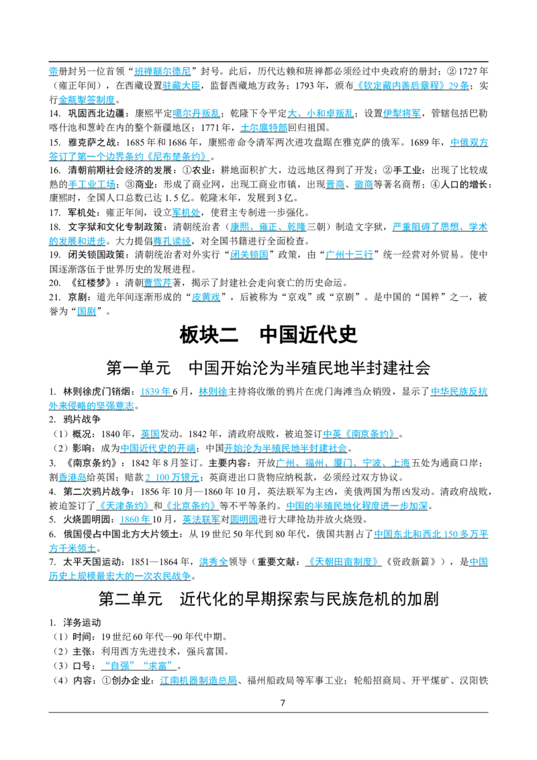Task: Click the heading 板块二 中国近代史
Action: [268, 334]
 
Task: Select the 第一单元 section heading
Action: [268, 368]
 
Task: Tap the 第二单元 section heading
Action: [268, 599]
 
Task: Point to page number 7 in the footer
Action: [283, 703]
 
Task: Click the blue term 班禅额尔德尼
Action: [163, 71]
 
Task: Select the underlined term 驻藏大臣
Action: [181, 86]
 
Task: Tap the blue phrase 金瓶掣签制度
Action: [87, 100]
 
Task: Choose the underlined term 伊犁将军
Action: [402, 113]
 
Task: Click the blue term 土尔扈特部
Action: [264, 128]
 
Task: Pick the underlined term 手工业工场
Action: [91, 184]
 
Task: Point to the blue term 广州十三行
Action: [350, 254]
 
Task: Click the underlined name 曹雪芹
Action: [158, 283]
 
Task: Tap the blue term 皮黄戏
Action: [206, 297]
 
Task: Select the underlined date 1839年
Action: [156, 391]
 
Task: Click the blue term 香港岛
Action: [72, 477]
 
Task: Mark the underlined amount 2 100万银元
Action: [172, 477]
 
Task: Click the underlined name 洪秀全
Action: [213, 562]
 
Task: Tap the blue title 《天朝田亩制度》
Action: [344, 562]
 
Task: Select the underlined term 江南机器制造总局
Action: [198, 681]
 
